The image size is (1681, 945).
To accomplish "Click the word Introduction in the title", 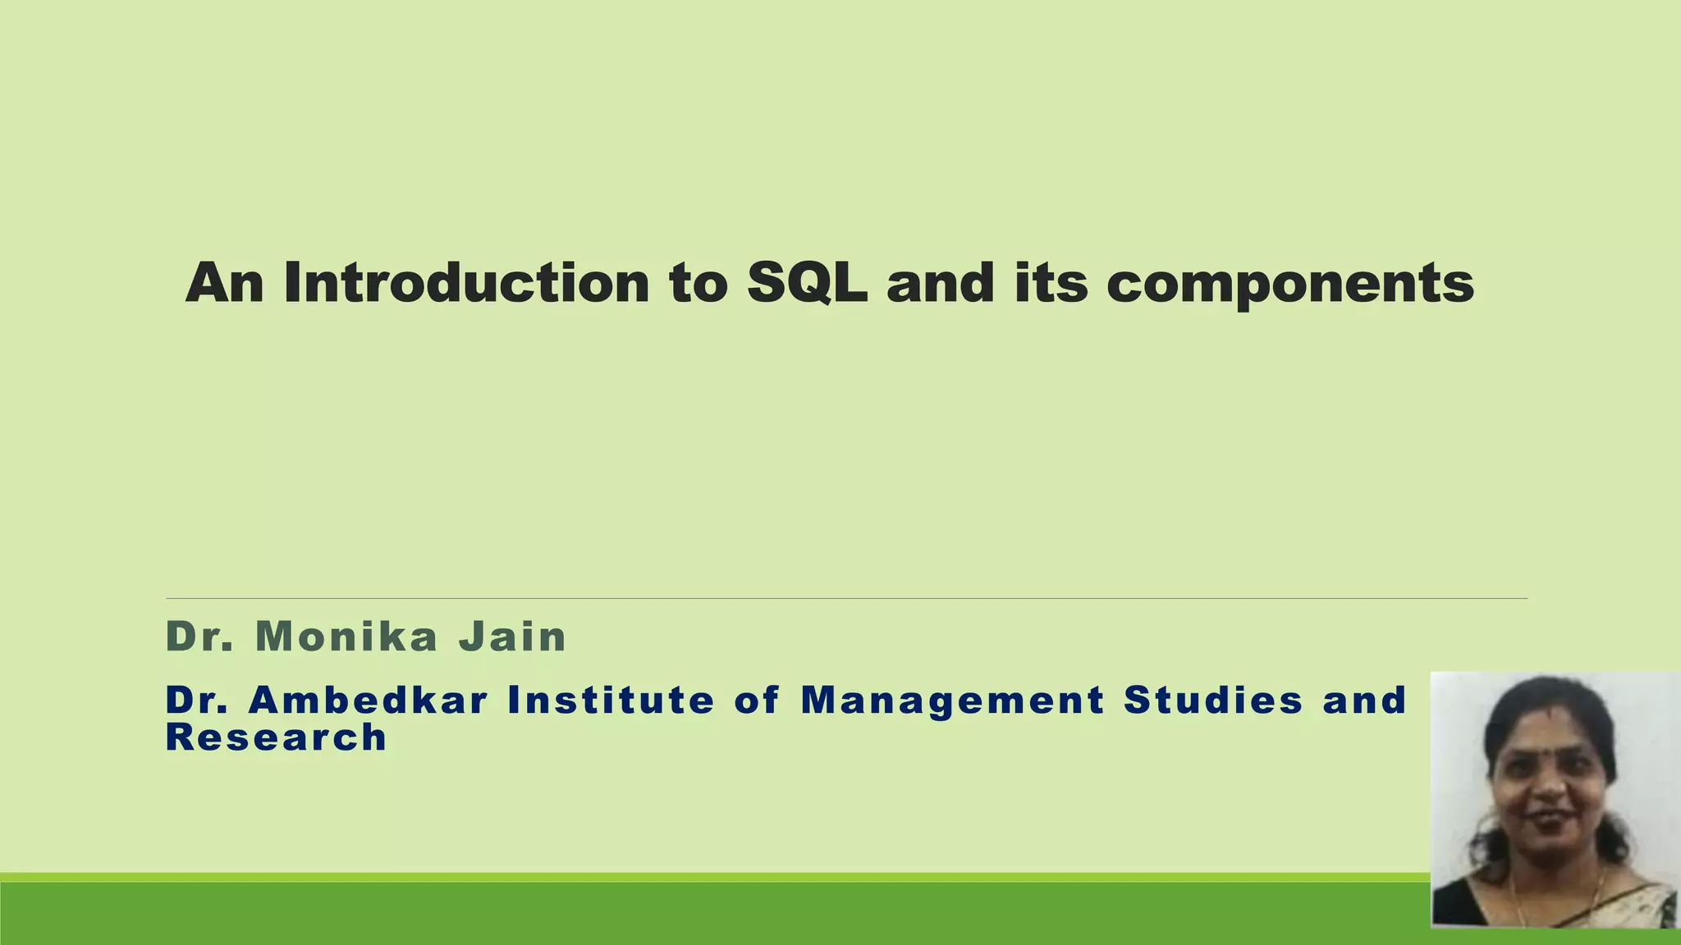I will (x=466, y=282).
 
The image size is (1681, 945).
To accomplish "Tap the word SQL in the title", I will (x=807, y=282).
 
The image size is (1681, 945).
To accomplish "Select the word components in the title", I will (x=1289, y=284).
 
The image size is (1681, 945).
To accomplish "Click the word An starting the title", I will (x=224, y=282).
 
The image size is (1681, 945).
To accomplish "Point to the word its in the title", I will (x=1051, y=282).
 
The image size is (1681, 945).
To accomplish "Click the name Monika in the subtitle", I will (x=346, y=637).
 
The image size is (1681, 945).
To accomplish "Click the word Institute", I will (x=611, y=700).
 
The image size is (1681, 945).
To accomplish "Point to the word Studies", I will (x=1213, y=700).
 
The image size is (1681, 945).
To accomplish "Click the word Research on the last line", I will (x=276, y=737).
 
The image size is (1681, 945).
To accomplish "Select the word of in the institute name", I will (x=756, y=700).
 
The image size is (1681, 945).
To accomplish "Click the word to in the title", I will (x=698, y=284).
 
